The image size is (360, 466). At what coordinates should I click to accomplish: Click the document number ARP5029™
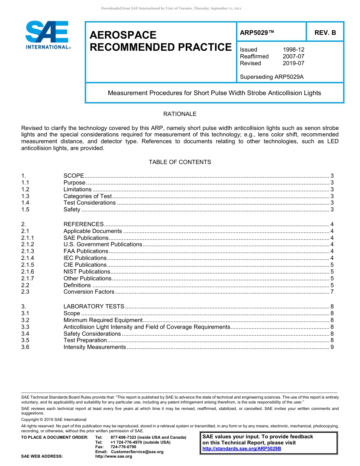257,33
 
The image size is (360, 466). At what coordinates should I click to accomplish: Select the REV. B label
325,33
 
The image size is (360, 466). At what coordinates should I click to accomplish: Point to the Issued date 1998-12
293,50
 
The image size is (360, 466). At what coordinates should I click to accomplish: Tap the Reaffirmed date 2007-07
293,56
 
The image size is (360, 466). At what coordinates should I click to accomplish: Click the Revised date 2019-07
293,63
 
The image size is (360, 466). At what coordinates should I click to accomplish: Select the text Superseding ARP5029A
272,77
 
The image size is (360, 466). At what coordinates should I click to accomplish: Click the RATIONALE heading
180,114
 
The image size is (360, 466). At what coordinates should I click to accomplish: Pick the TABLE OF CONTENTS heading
180,162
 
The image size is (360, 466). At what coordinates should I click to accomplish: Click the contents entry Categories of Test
88,196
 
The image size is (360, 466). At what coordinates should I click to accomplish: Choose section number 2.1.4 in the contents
28,258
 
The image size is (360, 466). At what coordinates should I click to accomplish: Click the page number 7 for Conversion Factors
332,292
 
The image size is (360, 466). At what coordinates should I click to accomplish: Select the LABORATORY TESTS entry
94,306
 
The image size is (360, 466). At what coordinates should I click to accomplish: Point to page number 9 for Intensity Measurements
332,347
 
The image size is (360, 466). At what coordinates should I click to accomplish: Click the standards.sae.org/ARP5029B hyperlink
242,449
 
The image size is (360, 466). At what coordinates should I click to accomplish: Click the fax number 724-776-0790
123,447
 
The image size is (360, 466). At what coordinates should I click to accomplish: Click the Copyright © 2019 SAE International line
54,419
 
